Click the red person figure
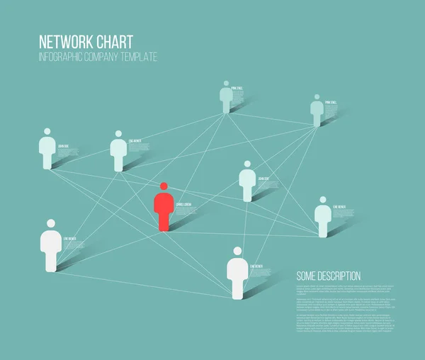click(164, 210)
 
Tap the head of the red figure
click(164, 186)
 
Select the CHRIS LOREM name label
click(183, 204)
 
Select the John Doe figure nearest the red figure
click(246, 184)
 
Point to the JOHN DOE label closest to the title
click(64, 146)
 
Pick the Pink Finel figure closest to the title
click(226, 99)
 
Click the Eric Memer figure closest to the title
click(118, 153)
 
